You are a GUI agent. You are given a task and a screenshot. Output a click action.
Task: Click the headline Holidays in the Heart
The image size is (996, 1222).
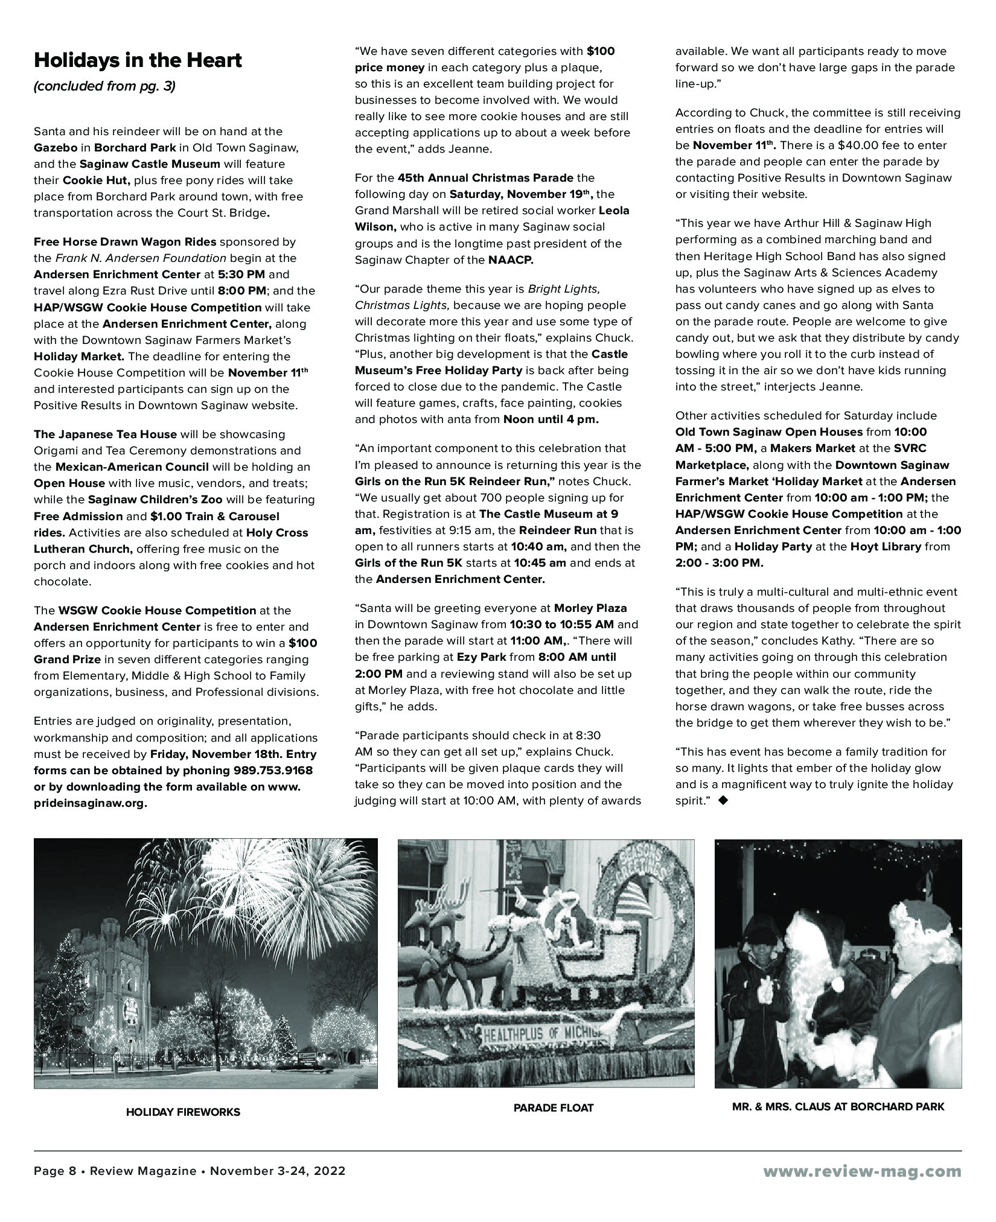point(138,60)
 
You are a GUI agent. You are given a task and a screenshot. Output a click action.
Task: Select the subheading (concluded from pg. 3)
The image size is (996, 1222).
point(104,86)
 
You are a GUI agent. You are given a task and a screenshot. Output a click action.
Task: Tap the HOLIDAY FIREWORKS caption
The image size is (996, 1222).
point(183,1112)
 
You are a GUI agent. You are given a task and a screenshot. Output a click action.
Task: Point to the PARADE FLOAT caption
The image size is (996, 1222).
point(554,1107)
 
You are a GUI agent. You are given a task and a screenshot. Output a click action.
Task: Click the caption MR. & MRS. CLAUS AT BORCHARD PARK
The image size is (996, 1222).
point(838,1106)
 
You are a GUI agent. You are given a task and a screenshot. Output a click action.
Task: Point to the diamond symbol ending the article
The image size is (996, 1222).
point(724,801)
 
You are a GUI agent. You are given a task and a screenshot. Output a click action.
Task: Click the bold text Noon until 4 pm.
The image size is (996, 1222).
point(551,419)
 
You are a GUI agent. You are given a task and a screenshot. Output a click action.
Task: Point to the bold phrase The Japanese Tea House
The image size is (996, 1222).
point(105,434)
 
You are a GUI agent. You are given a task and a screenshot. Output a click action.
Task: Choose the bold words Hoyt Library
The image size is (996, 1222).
point(886,547)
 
